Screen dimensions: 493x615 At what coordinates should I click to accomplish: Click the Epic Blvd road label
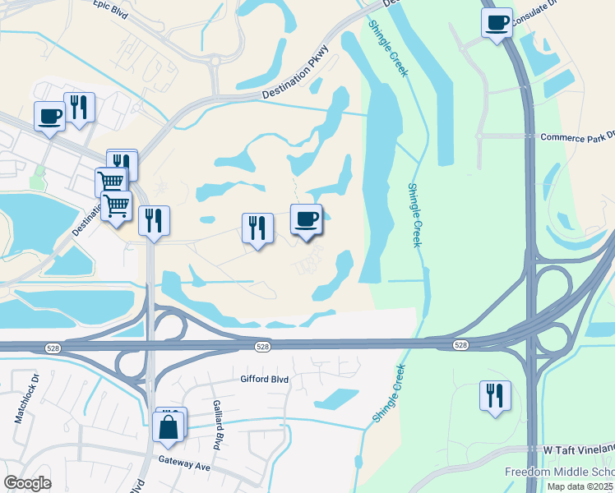[x=113, y=6]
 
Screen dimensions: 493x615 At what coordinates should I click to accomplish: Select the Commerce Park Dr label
[x=576, y=136]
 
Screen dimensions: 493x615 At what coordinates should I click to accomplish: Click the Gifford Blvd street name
[x=265, y=380]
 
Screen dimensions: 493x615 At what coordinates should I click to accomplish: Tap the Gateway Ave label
[x=185, y=464]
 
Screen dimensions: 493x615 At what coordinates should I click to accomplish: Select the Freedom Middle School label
[x=559, y=472]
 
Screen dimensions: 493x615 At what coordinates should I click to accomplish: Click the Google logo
[x=27, y=483]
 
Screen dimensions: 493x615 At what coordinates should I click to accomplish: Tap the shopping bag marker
[x=169, y=426]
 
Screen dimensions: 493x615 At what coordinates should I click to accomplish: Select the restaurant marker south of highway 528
[x=495, y=394]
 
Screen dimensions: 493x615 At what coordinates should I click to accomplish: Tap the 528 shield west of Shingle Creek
[x=261, y=347]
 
